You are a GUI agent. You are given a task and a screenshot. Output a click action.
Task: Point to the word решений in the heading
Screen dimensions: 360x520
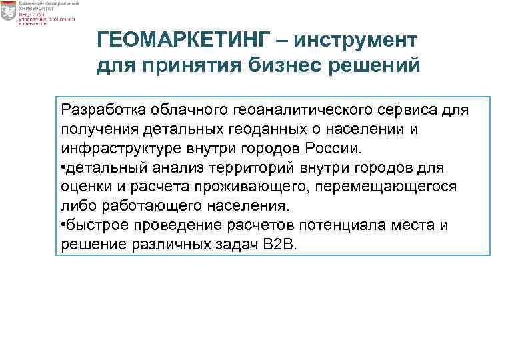point(379,67)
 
